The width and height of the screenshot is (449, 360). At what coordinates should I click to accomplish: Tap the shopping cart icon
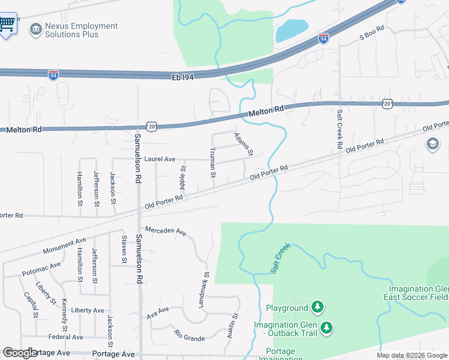[7, 23]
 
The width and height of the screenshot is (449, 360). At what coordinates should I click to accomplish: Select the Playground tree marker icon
[317, 308]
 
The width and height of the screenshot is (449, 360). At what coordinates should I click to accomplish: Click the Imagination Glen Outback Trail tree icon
[327, 328]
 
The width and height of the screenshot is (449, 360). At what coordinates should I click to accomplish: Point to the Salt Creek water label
[280, 259]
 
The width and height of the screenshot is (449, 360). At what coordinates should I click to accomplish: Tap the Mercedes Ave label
[166, 231]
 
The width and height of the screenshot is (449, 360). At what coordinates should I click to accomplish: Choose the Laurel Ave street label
[160, 159]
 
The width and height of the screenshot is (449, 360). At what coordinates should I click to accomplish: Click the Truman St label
[212, 163]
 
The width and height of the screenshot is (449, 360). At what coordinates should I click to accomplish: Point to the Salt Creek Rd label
[340, 129]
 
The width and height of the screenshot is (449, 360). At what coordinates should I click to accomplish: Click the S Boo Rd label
[370, 37]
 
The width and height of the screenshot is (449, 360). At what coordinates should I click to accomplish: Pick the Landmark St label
[203, 291]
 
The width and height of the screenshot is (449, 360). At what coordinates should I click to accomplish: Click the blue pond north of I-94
[291, 31]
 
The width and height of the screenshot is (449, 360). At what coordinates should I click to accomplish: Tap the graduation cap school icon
[432, 143]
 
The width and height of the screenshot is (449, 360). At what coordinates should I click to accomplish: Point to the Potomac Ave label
[41, 269]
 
